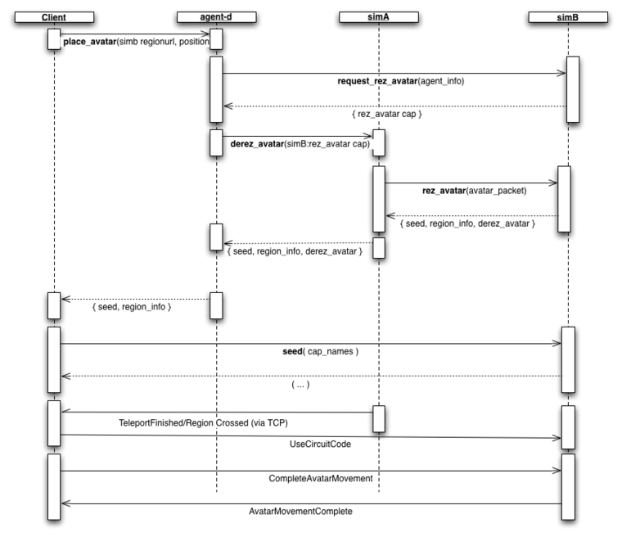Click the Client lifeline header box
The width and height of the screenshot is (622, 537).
pyautogui.click(x=54, y=16)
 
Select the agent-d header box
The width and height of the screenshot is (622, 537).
pyautogui.click(x=216, y=16)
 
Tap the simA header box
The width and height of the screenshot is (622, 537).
pyautogui.click(x=379, y=16)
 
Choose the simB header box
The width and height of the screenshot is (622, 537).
pyautogui.click(x=567, y=16)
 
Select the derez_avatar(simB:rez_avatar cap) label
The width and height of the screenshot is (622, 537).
pyautogui.click(x=295, y=144)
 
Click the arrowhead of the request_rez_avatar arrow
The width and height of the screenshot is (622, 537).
pyautogui.click(x=561, y=73)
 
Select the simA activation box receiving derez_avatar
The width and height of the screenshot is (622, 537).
pyautogui.click(x=379, y=142)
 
